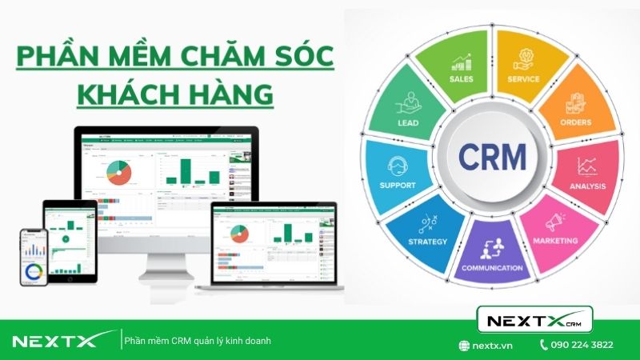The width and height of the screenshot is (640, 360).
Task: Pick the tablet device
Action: [70, 236]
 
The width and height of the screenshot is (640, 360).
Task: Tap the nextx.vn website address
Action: [491, 345]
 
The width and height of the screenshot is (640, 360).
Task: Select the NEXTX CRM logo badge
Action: [534, 321]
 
